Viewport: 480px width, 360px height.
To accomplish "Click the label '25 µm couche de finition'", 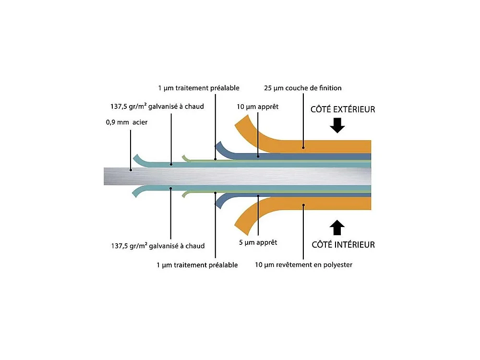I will tap(303, 88).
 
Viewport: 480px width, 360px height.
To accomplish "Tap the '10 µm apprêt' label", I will tap(258, 107).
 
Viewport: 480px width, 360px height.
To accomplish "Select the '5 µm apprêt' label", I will tap(258, 242).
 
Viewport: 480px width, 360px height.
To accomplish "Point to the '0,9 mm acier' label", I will tap(127, 122).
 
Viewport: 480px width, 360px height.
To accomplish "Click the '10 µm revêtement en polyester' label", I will tap(304, 264).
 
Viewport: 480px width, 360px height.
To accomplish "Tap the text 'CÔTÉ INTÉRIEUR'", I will tap(343, 245).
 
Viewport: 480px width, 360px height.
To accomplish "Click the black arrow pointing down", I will tap(338, 126).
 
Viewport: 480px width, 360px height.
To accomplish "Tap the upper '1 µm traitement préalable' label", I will tap(198, 88).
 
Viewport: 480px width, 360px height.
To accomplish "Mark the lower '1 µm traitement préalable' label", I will tap(197, 265).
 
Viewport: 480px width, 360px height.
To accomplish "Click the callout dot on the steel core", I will tap(131, 169).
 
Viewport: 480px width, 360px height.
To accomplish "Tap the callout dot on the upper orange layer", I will tap(303, 148).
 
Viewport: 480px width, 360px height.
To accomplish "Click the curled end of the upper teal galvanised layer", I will tap(136, 158).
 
